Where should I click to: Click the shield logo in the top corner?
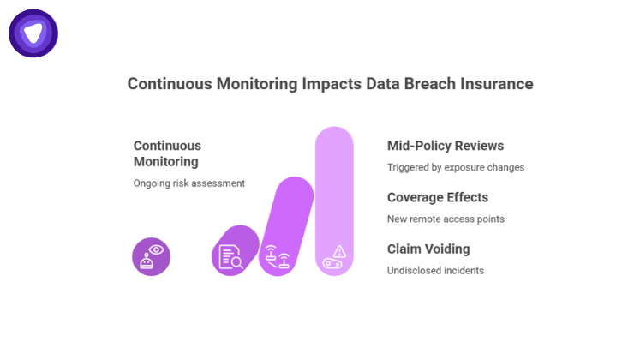(33, 33)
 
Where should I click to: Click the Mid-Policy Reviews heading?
(446, 146)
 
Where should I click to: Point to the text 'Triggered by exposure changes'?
(455, 167)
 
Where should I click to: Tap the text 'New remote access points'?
(446, 219)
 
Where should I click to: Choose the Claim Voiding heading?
(428, 249)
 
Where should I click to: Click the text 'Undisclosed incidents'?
(435, 271)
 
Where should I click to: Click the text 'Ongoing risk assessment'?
(189, 183)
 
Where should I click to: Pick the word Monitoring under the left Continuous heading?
(166, 161)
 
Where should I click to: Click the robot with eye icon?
(152, 256)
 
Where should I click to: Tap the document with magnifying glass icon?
(230, 256)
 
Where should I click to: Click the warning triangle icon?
(339, 251)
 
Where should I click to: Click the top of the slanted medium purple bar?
(296, 190)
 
